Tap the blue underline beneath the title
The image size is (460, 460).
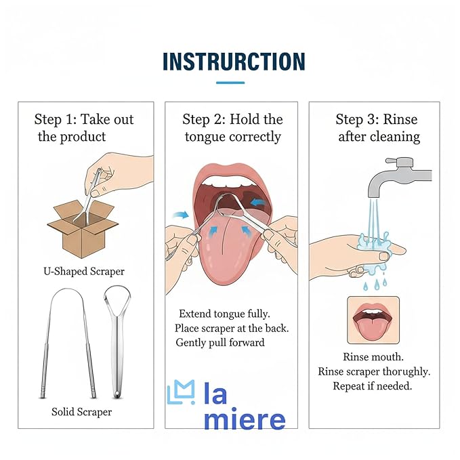230,83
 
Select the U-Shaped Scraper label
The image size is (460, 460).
84,271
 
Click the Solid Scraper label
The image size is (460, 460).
81,411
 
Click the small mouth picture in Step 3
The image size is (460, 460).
373,319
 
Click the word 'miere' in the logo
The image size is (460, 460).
244,420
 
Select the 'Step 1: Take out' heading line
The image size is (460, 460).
84,120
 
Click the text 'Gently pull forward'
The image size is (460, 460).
220,343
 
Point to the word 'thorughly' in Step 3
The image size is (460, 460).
404,372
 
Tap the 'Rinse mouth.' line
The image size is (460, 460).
373,357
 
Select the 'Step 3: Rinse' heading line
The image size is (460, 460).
377,120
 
